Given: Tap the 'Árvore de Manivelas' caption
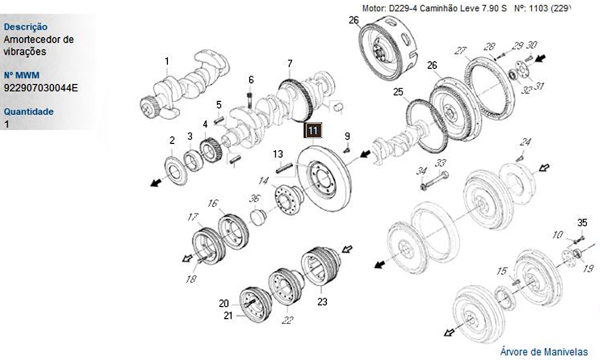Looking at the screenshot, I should tap(544, 352).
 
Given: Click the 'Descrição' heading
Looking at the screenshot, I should tap(26, 27).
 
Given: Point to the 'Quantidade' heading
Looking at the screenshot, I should tap(29, 112).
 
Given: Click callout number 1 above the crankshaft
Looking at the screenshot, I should tap(167, 60).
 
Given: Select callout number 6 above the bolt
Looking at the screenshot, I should tap(251, 80).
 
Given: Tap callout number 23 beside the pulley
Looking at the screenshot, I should tap(322, 302).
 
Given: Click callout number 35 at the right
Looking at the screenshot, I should tap(581, 223).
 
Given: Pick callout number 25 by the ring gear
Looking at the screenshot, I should tap(398, 92).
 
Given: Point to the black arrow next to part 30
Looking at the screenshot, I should tap(542, 58).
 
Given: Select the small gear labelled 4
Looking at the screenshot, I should tap(210, 149).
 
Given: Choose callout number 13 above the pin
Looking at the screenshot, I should tap(278, 155).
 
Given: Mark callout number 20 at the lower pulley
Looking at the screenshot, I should tap(223, 303).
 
